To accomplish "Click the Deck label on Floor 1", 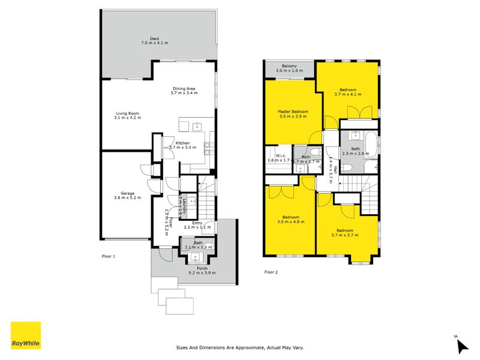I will click(x=155, y=38).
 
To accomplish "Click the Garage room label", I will click(x=127, y=193).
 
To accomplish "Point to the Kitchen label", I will click(x=182, y=143).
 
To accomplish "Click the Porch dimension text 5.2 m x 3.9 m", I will click(x=199, y=272).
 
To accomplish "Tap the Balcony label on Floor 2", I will click(x=289, y=66).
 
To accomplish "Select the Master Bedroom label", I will click(x=293, y=112).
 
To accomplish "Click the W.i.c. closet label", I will click(x=278, y=156).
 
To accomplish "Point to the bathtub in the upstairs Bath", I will click(x=370, y=144).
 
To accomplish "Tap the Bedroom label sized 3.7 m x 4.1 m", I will click(x=347, y=89).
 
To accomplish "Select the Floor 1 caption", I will click(x=109, y=256).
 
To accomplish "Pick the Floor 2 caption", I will click(x=272, y=272).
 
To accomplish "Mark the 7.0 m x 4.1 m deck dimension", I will click(x=155, y=43).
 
